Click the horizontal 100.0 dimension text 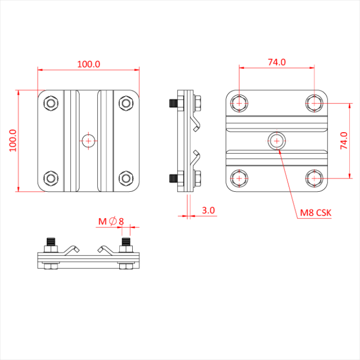[x=88, y=64]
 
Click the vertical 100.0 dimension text [x=13, y=140]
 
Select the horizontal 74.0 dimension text [x=276, y=62]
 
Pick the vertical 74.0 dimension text [x=344, y=140]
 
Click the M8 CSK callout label [x=316, y=212]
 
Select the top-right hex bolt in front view [x=125, y=103]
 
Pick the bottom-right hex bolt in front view [x=125, y=178]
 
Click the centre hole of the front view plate [x=88, y=140]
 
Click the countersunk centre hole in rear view [x=277, y=140]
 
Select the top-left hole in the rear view [x=239, y=103]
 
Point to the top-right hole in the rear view [x=314, y=103]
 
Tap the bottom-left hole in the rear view [x=239, y=178]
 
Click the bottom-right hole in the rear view [x=314, y=178]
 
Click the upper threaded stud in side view [x=173, y=103]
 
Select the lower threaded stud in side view [x=173, y=179]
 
